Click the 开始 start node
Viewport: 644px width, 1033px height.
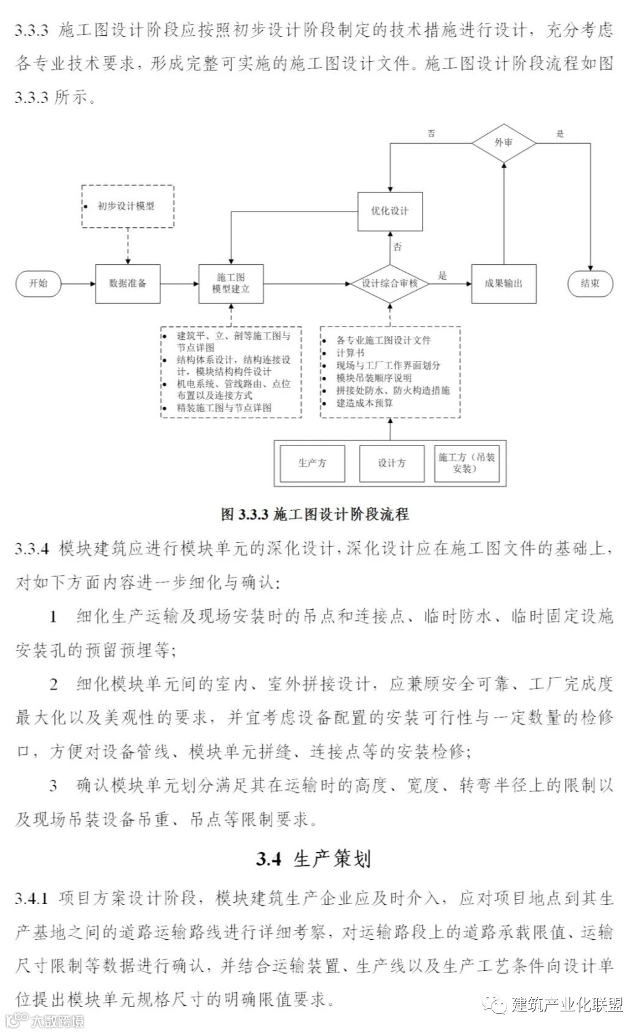click(x=38, y=283)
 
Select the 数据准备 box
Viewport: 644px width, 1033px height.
click(x=128, y=283)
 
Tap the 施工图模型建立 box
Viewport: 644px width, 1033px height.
click(x=231, y=283)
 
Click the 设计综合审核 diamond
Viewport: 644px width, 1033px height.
click(x=390, y=283)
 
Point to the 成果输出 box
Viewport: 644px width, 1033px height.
click(x=503, y=283)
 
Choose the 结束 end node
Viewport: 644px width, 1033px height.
click(x=590, y=283)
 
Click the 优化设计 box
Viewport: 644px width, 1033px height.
click(x=390, y=211)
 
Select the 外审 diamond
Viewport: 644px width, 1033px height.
click(x=503, y=143)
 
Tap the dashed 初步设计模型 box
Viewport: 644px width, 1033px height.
click(x=128, y=206)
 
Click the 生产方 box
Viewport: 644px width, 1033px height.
click(x=312, y=463)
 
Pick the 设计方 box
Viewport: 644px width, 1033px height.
click(x=392, y=463)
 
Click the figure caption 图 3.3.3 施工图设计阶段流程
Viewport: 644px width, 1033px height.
click(x=315, y=514)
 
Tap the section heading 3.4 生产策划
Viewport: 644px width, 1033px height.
click(x=313, y=858)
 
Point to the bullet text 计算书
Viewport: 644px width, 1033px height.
click(x=350, y=353)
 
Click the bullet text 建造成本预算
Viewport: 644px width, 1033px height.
click(x=365, y=403)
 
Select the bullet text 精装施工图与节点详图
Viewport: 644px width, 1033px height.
click(x=225, y=408)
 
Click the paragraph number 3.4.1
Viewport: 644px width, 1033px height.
click(x=31, y=898)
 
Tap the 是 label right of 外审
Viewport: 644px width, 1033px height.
click(x=560, y=133)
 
